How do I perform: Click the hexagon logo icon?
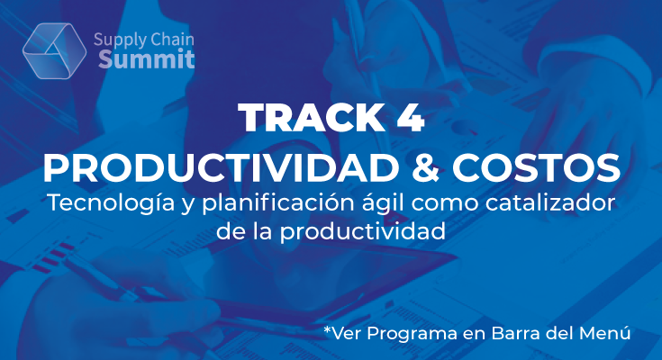(x=54, y=50)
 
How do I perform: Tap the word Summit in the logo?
(x=147, y=59)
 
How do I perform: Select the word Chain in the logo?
(x=172, y=40)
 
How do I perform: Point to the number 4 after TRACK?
(x=411, y=118)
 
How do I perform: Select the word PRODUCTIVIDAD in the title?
(x=221, y=168)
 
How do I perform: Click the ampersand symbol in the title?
(x=425, y=168)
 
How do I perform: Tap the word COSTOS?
(x=536, y=168)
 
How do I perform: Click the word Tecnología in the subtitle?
(x=111, y=203)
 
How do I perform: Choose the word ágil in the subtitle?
(x=384, y=203)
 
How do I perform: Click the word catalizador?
(x=549, y=202)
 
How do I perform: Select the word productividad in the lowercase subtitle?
(x=363, y=231)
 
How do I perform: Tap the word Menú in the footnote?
(x=604, y=333)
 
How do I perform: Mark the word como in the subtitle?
(x=446, y=205)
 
